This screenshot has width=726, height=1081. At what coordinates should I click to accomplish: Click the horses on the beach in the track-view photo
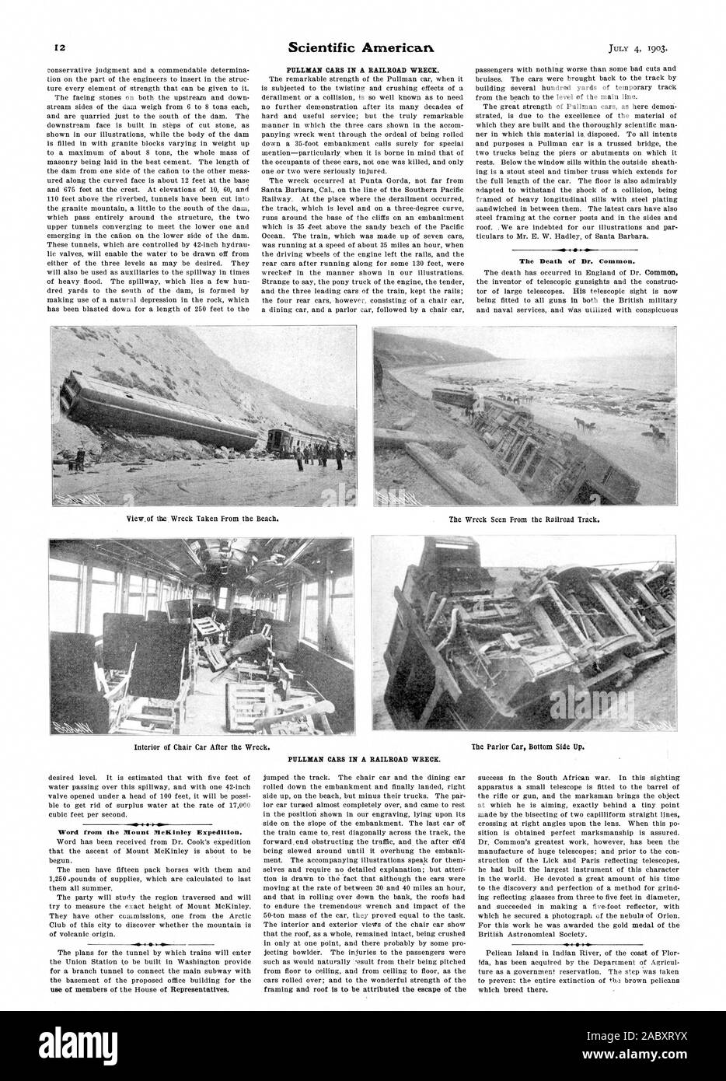583,424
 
